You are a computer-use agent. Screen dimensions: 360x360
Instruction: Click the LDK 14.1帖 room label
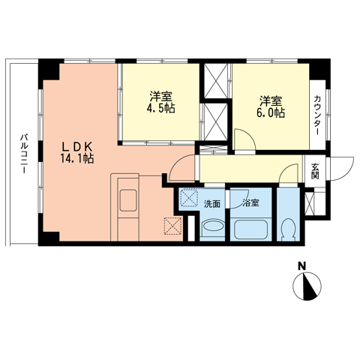pyautogui.click(x=77, y=152)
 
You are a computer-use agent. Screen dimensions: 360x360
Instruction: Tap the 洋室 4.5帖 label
pyautogui.click(x=160, y=103)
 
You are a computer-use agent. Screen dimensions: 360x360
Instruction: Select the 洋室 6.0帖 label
pyautogui.click(x=271, y=107)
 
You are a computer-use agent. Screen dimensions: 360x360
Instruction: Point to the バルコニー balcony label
pyautogui.click(x=24, y=154)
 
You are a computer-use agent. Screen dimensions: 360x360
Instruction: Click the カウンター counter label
pyautogui.click(x=317, y=115)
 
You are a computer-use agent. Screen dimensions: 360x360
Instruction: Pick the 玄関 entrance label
pyautogui.click(x=315, y=171)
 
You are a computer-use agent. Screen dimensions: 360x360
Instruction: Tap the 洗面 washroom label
pyautogui.click(x=212, y=204)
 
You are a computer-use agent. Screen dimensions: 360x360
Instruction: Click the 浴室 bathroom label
pyautogui.click(x=250, y=203)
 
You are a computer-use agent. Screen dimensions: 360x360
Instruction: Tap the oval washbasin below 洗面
pyautogui.click(x=213, y=226)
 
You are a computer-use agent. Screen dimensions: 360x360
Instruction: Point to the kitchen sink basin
pyautogui.click(x=128, y=200)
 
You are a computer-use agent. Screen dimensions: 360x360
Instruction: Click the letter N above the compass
pyautogui.click(x=302, y=266)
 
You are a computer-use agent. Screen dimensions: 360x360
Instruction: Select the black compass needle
pyautogui.click(x=310, y=286)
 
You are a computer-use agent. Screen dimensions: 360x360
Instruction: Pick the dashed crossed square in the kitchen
pyautogui.click(x=172, y=226)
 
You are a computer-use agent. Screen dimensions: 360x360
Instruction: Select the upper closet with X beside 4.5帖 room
pyautogui.click(x=215, y=81)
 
